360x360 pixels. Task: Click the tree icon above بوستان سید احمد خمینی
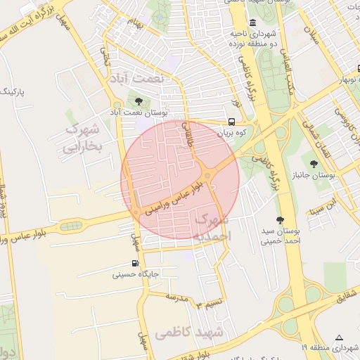tap(280, 220)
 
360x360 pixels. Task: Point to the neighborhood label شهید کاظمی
tap(189, 331)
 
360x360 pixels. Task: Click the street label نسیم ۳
tap(209, 303)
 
